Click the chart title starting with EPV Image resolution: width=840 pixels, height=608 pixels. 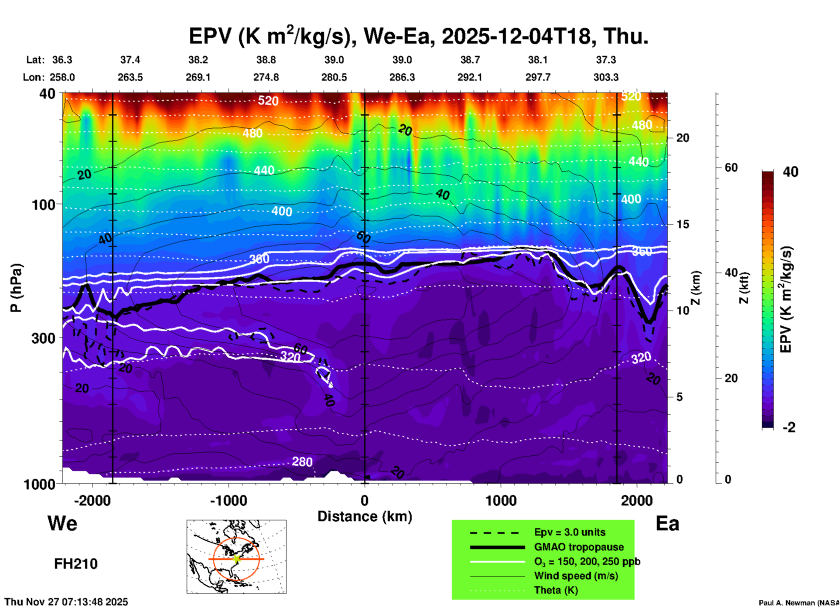pos(418,36)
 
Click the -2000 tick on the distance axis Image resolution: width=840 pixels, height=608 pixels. pos(92,501)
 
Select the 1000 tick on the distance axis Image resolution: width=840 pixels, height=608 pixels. pos(501,501)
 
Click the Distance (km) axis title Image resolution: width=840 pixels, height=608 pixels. pos(365,516)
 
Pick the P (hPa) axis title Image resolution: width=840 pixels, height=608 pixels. pos(16,288)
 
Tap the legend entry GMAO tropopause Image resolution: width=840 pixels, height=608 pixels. pos(579,547)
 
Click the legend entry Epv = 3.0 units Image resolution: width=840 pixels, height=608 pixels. pos(570,532)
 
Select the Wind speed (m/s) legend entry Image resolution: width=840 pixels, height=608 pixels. pos(576,576)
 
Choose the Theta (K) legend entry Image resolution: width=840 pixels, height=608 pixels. pos(556,590)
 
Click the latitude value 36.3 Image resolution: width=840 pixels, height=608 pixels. pos(62,60)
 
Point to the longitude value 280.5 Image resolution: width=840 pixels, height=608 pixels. pos(334,77)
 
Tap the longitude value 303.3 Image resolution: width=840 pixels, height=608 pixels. pos(606,77)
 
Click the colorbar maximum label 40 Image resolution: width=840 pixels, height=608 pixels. pos(790,172)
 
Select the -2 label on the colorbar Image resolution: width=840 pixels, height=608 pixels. pos(789,427)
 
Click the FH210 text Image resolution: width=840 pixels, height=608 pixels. pos(76,564)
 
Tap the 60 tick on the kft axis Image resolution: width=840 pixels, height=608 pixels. pos(731,167)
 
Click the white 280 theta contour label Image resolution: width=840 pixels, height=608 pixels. pos(302,461)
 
